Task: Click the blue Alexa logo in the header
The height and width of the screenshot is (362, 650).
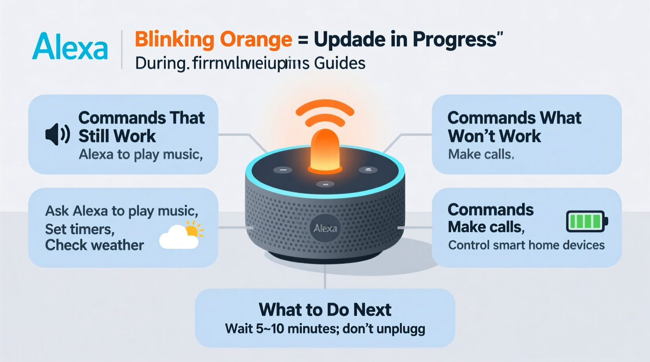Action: point(70,46)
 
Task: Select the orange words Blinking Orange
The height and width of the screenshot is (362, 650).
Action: point(213,39)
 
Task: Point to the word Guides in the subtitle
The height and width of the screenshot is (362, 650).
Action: point(339,63)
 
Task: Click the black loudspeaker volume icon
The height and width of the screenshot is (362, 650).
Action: point(57,134)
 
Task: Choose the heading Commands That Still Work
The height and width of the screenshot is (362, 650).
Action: point(141,127)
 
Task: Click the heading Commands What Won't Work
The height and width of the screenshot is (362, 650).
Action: point(514,127)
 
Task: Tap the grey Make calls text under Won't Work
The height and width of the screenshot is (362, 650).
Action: point(481,154)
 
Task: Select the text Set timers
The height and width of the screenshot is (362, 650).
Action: point(80,229)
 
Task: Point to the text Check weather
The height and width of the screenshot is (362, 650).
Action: point(95,245)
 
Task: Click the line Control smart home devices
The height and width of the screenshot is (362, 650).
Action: point(526,245)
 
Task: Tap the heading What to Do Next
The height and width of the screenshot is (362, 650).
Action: point(325,310)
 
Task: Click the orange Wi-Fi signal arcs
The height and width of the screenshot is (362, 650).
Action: point(325,113)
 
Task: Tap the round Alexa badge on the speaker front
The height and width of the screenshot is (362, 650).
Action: point(325,228)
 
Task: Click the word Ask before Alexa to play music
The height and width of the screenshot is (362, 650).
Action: point(57,211)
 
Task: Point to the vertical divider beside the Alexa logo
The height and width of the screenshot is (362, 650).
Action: point(122,50)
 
